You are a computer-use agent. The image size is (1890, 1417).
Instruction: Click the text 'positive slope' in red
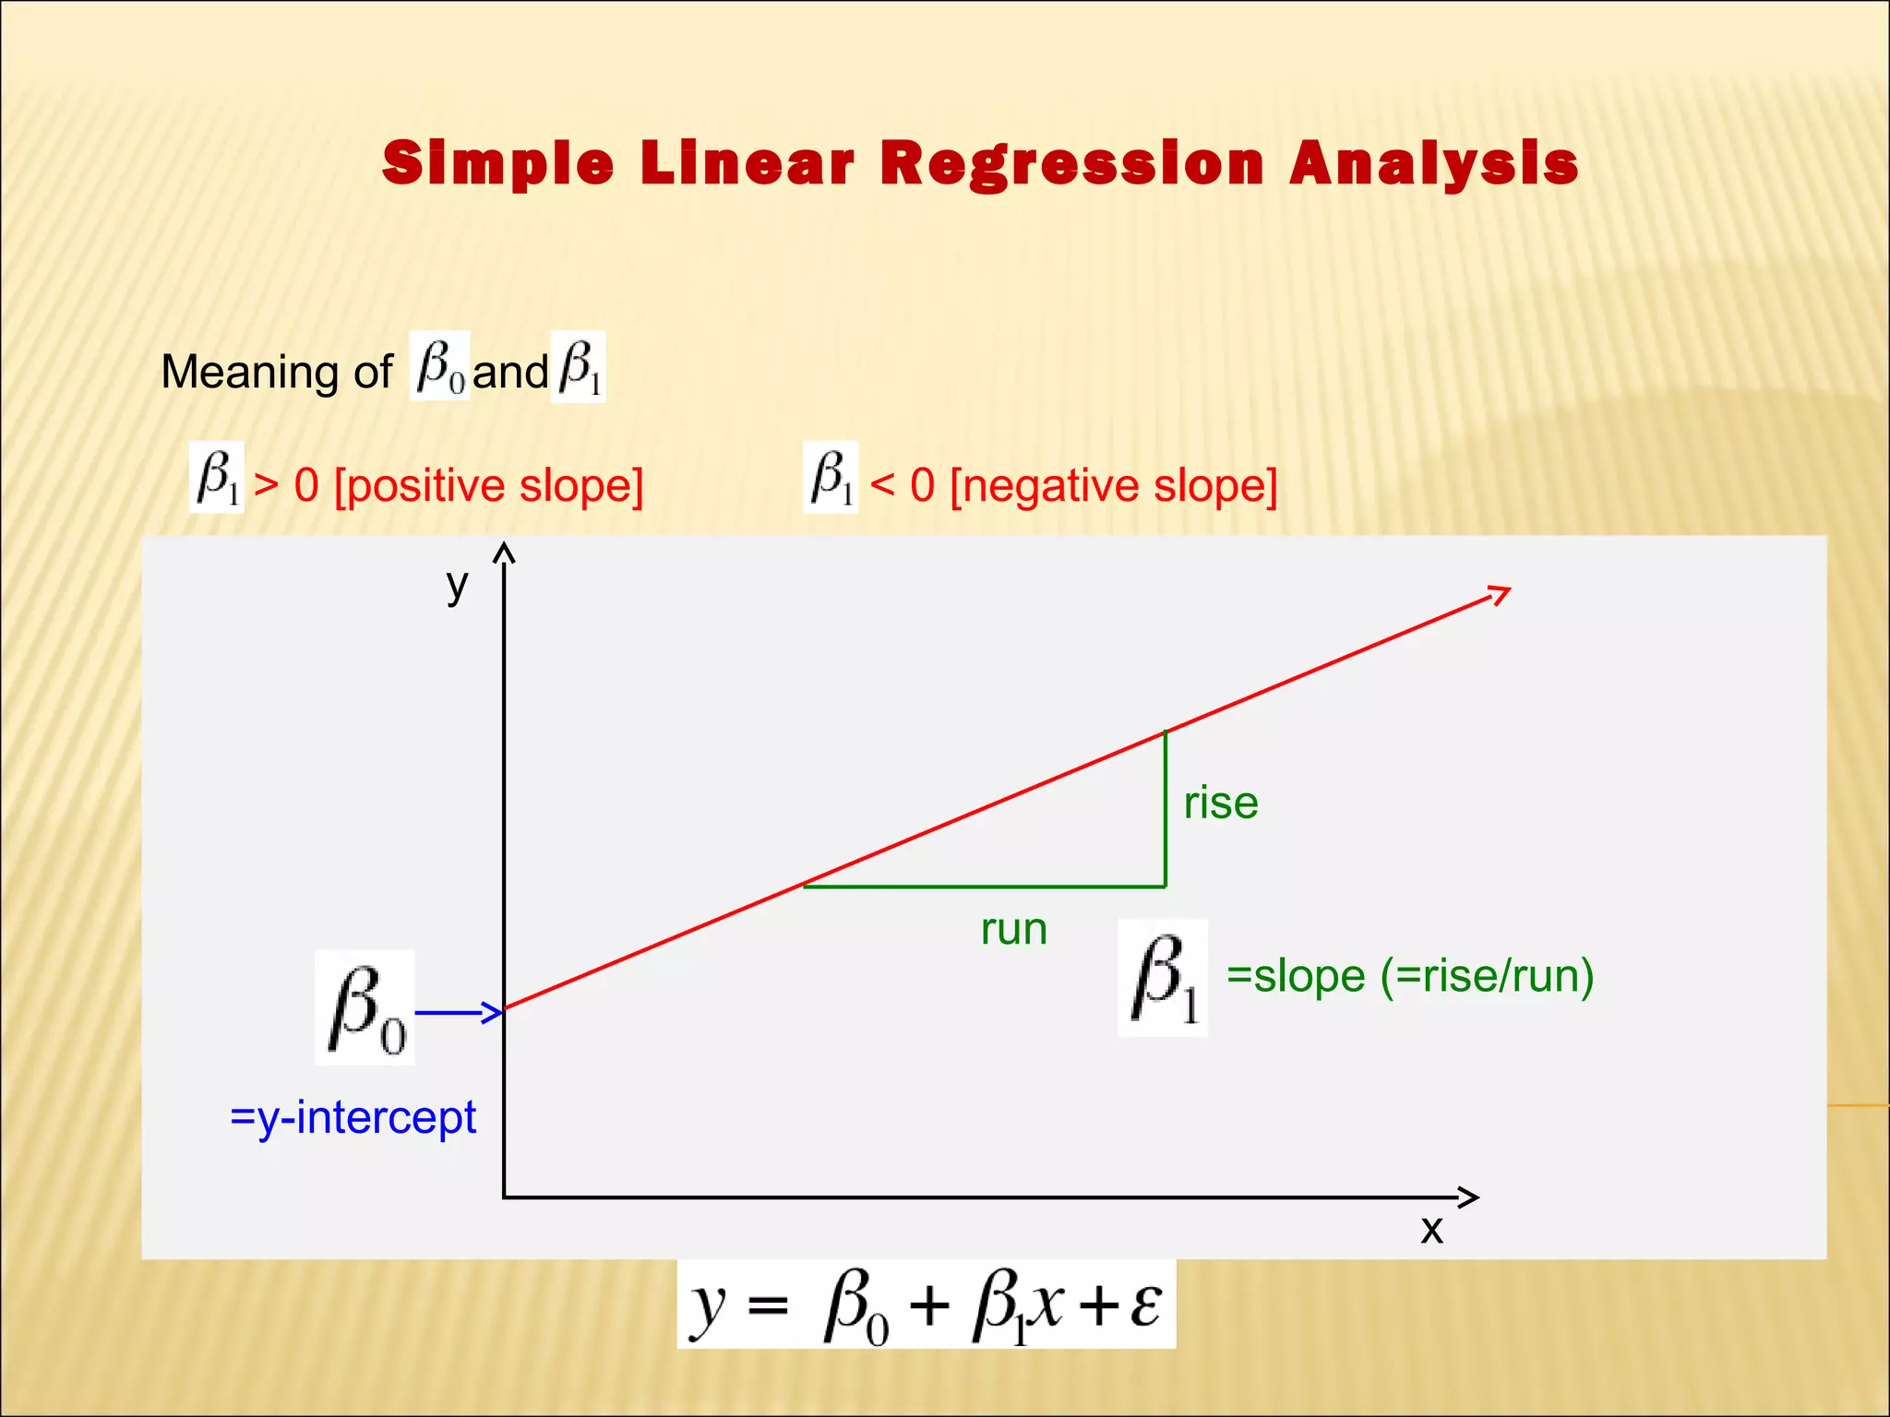click(488, 485)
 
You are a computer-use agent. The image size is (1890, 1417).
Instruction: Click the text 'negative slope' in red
click(1113, 485)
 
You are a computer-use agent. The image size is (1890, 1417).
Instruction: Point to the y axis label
click(458, 585)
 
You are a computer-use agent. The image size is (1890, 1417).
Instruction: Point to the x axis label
click(1431, 1230)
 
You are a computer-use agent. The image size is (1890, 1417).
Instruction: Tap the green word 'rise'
click(1220, 803)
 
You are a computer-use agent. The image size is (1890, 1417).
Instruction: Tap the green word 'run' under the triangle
click(1013, 930)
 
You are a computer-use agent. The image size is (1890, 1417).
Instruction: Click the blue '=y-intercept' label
click(353, 1118)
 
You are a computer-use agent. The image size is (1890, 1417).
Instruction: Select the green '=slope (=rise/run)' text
click(1409, 976)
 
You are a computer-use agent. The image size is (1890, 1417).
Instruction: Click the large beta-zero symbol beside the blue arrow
click(365, 1008)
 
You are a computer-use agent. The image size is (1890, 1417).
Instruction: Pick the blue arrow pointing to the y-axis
click(458, 1013)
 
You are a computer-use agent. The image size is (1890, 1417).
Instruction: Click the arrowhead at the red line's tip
click(1500, 593)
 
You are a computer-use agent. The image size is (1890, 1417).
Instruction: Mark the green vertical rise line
click(1166, 808)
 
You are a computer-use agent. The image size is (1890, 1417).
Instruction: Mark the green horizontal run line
click(984, 887)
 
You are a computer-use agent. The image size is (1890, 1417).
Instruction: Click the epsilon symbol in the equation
click(1144, 1304)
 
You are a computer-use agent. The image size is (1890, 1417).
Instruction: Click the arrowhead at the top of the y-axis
click(504, 553)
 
